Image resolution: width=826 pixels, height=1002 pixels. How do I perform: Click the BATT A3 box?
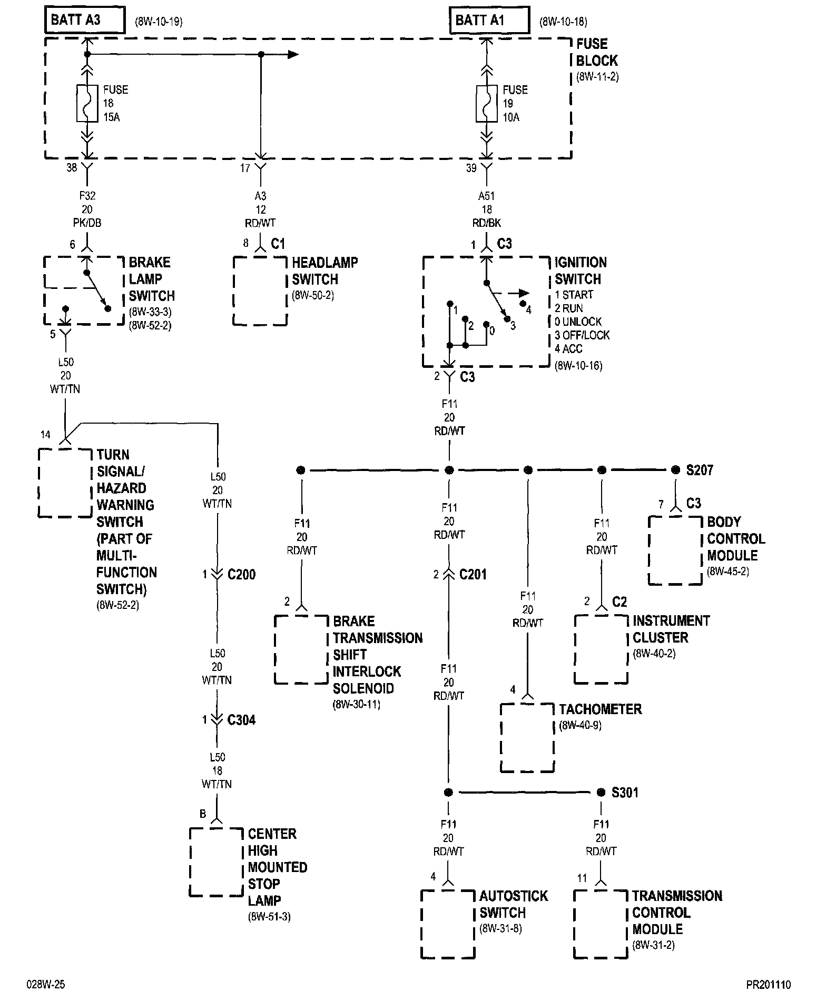tap(85, 21)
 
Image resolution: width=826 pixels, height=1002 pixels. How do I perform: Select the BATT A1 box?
tap(489, 21)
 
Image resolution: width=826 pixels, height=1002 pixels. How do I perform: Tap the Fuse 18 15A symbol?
tap(87, 103)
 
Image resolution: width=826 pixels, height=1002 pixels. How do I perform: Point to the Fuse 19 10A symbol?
tap(487, 103)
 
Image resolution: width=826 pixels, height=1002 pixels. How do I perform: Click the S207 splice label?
tap(700, 470)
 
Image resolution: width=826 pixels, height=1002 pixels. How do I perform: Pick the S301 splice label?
tap(625, 793)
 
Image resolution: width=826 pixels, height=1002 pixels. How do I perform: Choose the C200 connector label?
tap(242, 574)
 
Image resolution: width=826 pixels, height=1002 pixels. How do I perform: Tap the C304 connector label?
tap(242, 719)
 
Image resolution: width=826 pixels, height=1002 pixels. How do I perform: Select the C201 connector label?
tap(473, 574)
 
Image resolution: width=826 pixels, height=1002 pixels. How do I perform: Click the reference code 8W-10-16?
tap(578, 366)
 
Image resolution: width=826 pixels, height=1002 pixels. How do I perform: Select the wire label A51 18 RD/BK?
tap(487, 209)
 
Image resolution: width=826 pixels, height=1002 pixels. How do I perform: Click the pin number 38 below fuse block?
tap(72, 168)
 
